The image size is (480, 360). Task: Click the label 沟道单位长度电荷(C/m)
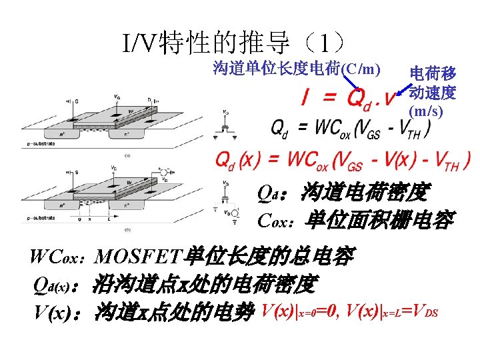coord(297,68)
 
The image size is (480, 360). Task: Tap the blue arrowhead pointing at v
coord(399,93)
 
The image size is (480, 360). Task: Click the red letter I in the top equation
coord(305,98)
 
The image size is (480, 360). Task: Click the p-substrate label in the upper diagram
coord(44,143)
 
